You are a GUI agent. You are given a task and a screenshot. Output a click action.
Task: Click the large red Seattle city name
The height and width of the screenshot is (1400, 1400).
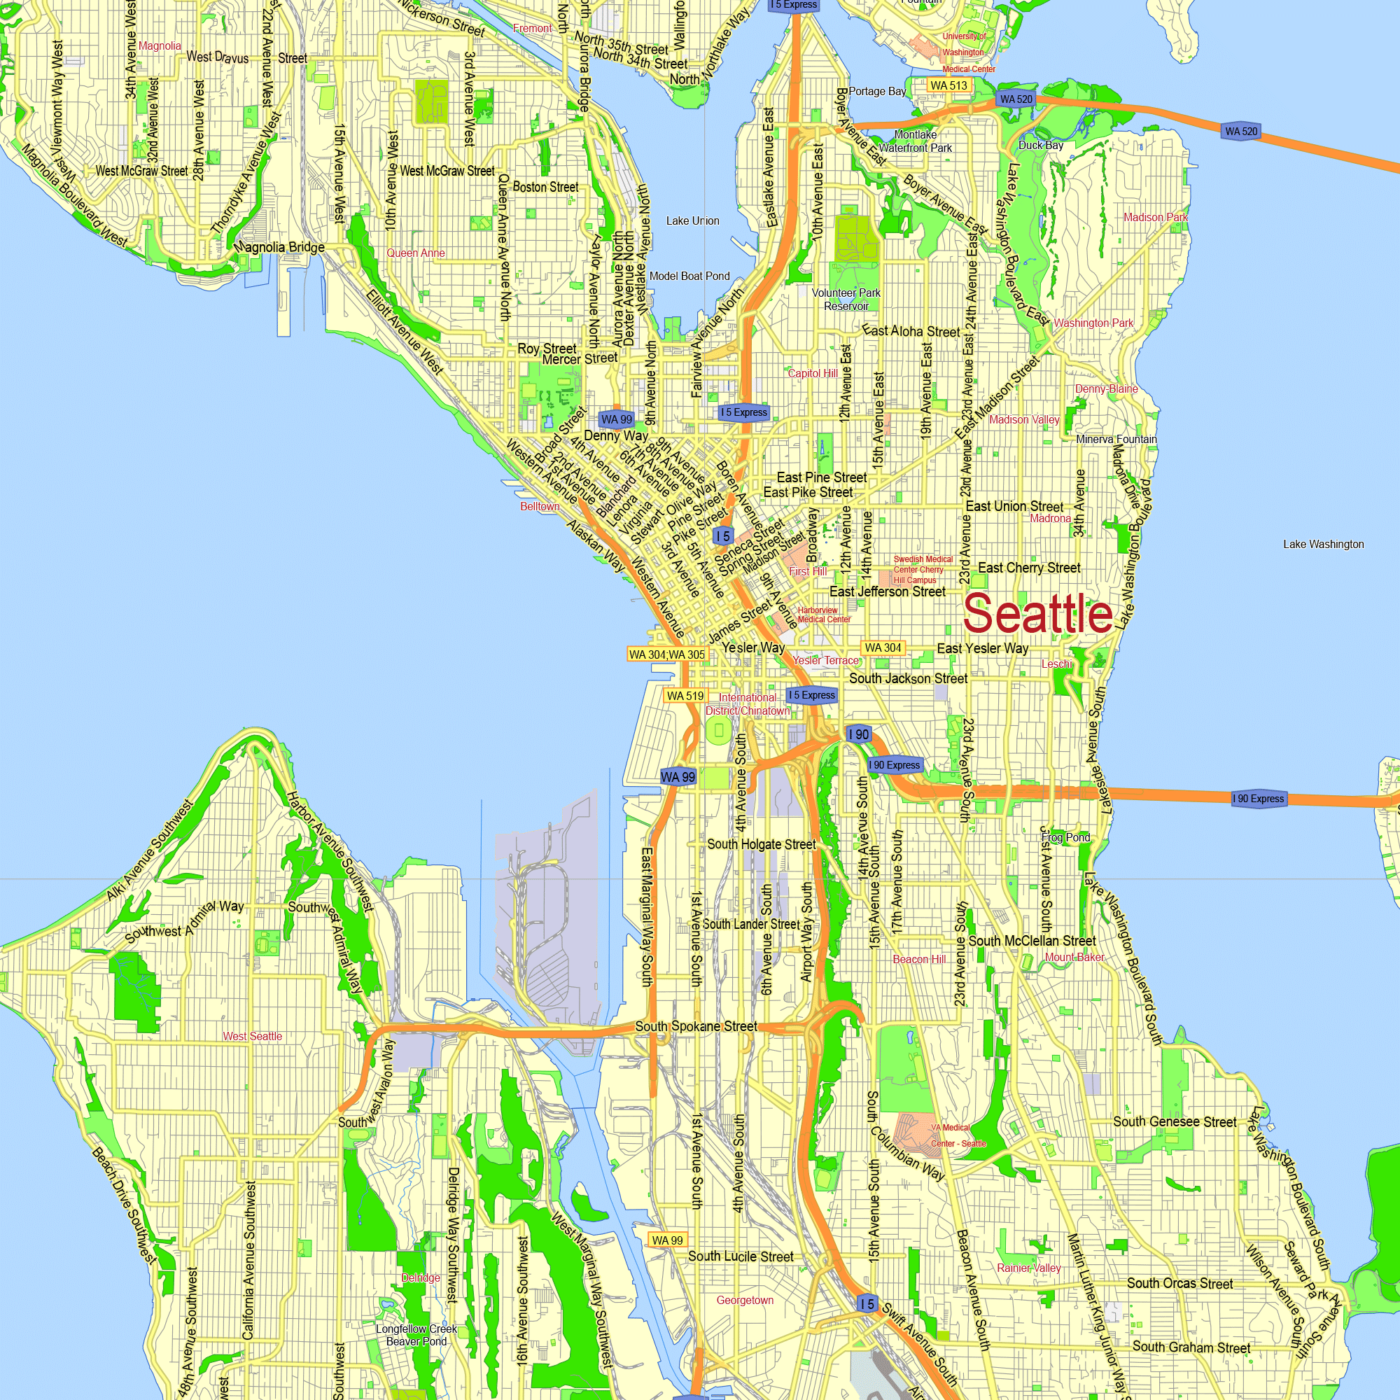click(x=1037, y=614)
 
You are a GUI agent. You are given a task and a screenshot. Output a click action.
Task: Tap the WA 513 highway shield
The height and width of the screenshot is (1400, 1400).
click(x=948, y=85)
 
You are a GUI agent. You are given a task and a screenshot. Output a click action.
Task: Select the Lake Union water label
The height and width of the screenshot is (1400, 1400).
click(x=693, y=221)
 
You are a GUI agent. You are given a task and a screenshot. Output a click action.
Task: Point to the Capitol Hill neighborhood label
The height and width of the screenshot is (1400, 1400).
click(x=812, y=373)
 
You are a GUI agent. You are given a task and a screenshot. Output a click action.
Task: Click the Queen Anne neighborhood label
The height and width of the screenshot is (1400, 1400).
click(x=415, y=253)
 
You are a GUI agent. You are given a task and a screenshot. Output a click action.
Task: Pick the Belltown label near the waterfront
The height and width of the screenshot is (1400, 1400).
click(x=540, y=507)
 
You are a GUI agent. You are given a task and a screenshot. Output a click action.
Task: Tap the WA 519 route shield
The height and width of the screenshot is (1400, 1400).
click(x=685, y=696)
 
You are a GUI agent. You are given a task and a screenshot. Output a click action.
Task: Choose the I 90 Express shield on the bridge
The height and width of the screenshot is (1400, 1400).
click(x=1259, y=799)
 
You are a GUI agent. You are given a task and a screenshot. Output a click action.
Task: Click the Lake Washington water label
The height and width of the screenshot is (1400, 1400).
click(x=1323, y=544)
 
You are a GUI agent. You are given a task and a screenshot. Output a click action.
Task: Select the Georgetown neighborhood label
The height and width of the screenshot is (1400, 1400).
click(x=745, y=1300)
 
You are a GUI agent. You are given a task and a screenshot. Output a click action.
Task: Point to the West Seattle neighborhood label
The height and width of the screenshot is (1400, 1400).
click(x=252, y=1036)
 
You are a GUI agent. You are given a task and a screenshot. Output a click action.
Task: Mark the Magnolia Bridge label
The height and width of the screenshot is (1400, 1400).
click(x=279, y=247)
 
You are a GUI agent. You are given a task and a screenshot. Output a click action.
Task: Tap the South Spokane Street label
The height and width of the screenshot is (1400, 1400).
click(x=696, y=1026)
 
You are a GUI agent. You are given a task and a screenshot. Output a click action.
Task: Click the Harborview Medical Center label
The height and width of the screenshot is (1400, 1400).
click(x=824, y=615)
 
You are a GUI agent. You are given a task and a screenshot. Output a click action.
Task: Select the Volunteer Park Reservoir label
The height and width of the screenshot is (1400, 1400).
click(x=846, y=300)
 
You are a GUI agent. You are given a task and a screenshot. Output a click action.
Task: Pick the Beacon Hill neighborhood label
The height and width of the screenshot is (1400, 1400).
click(x=919, y=960)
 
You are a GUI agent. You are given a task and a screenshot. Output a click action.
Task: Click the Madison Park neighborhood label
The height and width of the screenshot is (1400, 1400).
click(x=1155, y=218)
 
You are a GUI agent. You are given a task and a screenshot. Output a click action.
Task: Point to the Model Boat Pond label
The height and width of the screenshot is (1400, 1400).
click(x=689, y=276)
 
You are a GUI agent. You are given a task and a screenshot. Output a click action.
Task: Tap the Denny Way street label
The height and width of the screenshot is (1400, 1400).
click(x=616, y=435)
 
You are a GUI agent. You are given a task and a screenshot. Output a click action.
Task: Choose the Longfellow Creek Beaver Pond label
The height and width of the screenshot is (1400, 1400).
click(x=416, y=1335)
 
